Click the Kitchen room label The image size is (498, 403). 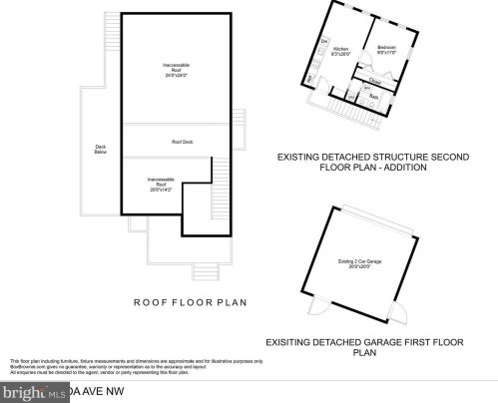(339, 50)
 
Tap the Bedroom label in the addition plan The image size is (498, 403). (386, 49)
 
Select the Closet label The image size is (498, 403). (375, 80)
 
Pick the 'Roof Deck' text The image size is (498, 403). (182, 142)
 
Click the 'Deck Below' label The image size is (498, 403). (101, 151)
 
